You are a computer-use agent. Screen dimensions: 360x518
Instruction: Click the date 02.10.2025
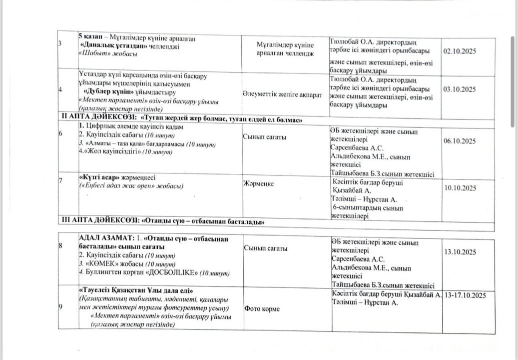pos(460,51)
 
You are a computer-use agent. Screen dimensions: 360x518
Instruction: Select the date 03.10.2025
pos(460,89)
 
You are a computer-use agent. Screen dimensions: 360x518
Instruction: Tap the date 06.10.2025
pos(460,141)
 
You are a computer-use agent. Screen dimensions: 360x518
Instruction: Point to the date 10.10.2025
pos(460,188)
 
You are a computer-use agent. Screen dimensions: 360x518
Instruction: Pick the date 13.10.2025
pos(460,251)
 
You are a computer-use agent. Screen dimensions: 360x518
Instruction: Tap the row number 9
pos(60,306)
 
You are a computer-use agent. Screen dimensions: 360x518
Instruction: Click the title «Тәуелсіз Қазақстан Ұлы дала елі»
pos(135,290)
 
